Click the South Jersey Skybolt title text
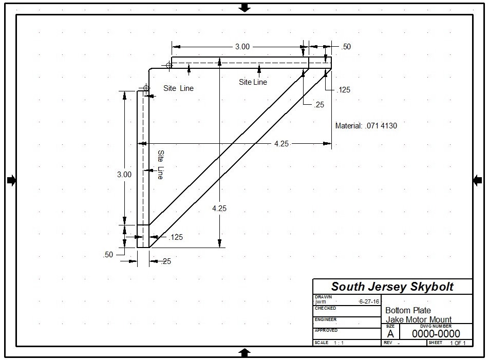pos(392,287)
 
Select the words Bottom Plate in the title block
pos(408,310)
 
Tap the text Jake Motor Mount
pos(419,319)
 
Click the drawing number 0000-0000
pos(436,334)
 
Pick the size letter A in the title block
pos(390,334)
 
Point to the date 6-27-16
pos(369,301)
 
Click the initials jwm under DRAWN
pos(321,301)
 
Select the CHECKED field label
pos(325,308)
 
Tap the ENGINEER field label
pos(326,319)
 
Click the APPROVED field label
pos(326,330)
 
